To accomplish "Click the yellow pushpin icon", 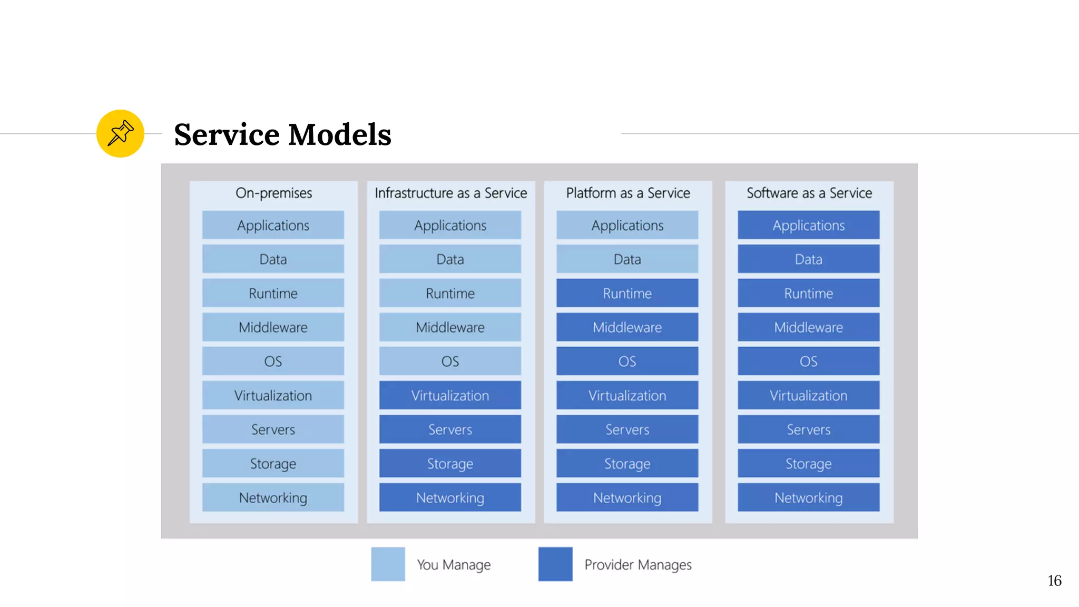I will pyautogui.click(x=120, y=133).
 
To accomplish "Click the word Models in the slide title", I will pyautogui.click(x=340, y=134).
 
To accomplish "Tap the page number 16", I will pyautogui.click(x=1054, y=581).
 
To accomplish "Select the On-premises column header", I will pyautogui.click(x=273, y=193).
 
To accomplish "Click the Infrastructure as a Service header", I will pyautogui.click(x=450, y=193).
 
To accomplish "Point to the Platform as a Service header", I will pyautogui.click(x=627, y=193).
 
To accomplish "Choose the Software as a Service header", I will pyautogui.click(x=809, y=193).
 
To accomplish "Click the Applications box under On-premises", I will pyautogui.click(x=273, y=225).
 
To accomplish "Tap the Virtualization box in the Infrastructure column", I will pyautogui.click(x=450, y=395).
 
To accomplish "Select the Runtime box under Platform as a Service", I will pyautogui.click(x=627, y=293).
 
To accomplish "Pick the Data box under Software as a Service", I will pyautogui.click(x=808, y=259).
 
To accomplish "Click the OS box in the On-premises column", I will pyautogui.click(x=273, y=361).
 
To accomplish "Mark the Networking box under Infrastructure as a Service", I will pyautogui.click(x=450, y=497).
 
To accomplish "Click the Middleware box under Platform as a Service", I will pyautogui.click(x=627, y=327).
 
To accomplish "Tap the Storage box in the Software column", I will pyautogui.click(x=808, y=463).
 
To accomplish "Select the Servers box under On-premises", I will pyautogui.click(x=273, y=429).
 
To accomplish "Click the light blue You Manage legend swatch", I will pyautogui.click(x=388, y=564).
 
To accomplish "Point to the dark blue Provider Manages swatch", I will pyautogui.click(x=555, y=564).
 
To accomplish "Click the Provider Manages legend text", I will pyautogui.click(x=637, y=565).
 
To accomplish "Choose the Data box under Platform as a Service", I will pyautogui.click(x=627, y=259).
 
